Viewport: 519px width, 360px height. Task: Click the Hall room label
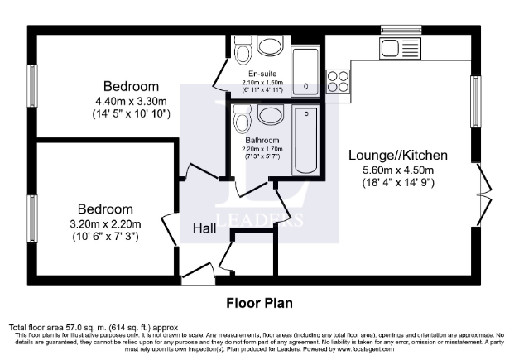tap(205, 228)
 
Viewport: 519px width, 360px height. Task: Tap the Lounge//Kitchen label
tap(398, 155)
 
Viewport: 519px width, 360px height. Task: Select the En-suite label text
tap(262, 74)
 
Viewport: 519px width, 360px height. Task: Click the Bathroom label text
tap(262, 141)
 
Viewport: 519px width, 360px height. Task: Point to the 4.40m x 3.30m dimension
tap(132, 101)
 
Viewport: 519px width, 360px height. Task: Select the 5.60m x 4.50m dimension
tap(398, 170)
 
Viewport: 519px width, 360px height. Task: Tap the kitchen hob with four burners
tap(339, 80)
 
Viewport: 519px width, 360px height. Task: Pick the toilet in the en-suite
tap(243, 53)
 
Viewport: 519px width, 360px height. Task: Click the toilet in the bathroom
tap(243, 122)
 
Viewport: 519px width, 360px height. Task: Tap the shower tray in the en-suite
tap(305, 71)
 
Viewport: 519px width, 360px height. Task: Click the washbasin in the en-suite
tap(270, 46)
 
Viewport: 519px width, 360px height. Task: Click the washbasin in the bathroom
tap(270, 114)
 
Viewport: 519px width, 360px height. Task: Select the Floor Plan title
tap(259, 303)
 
